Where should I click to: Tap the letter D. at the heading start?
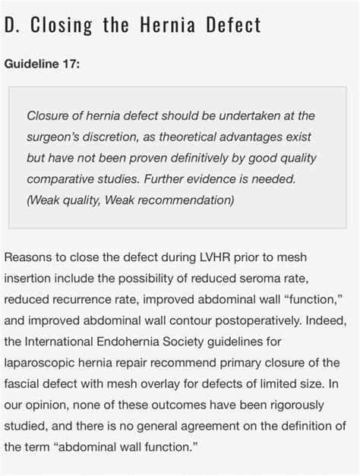coord(11,25)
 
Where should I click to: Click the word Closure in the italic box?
coord(49,115)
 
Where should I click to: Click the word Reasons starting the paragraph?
coord(29,258)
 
